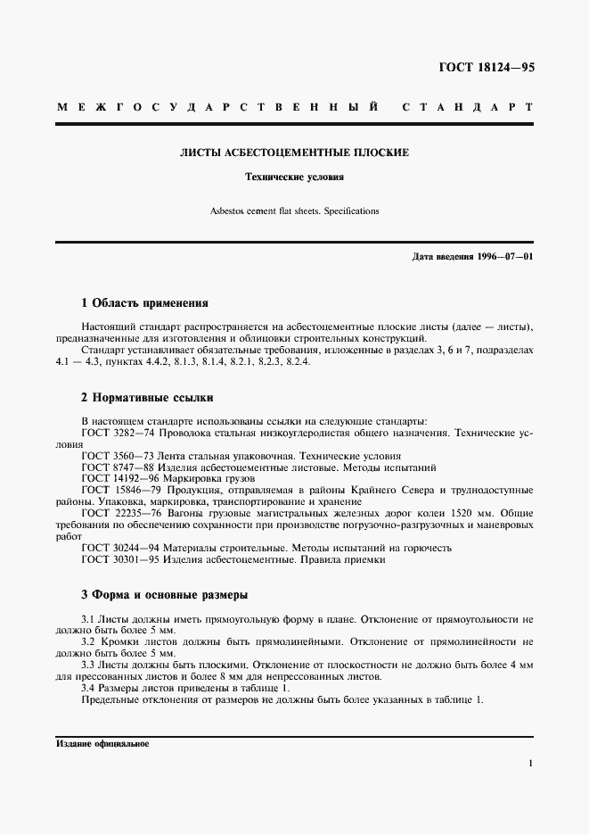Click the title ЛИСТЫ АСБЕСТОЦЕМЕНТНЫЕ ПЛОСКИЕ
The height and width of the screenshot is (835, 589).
click(x=295, y=153)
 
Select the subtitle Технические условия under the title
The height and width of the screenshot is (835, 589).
click(x=295, y=177)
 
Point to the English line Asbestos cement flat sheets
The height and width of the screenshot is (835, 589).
click(x=295, y=211)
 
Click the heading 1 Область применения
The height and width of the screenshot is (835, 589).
click(x=144, y=303)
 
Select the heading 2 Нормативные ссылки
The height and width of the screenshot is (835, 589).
click(x=147, y=397)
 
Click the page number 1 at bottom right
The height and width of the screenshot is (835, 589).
click(x=530, y=764)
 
